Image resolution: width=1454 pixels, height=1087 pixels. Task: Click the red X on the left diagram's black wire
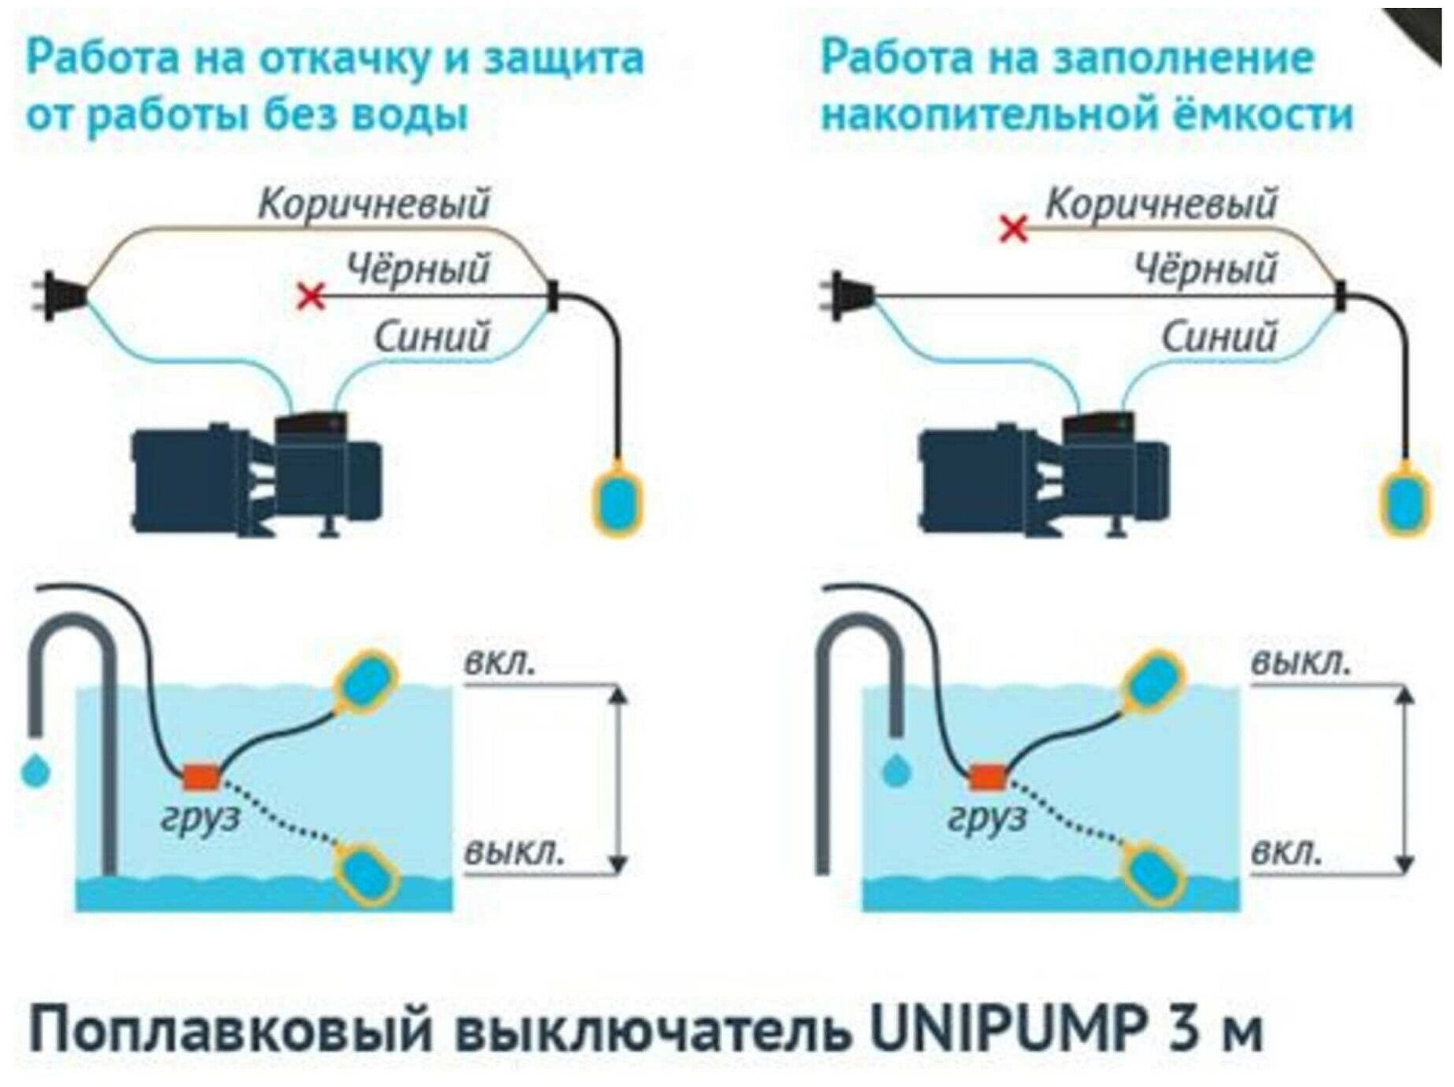coord(312,297)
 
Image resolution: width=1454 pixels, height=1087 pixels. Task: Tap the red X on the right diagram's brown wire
coord(1014,229)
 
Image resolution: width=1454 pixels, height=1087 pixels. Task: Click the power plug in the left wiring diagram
coord(59,296)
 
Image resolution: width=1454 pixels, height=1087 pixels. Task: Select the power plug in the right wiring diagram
coord(847,296)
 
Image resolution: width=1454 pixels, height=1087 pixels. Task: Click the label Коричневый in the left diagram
coord(374,204)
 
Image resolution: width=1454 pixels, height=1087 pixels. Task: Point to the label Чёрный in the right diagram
coord(1206,269)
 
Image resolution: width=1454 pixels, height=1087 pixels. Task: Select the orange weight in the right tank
coord(987,777)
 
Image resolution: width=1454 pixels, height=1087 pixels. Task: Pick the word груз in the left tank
coord(199,819)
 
